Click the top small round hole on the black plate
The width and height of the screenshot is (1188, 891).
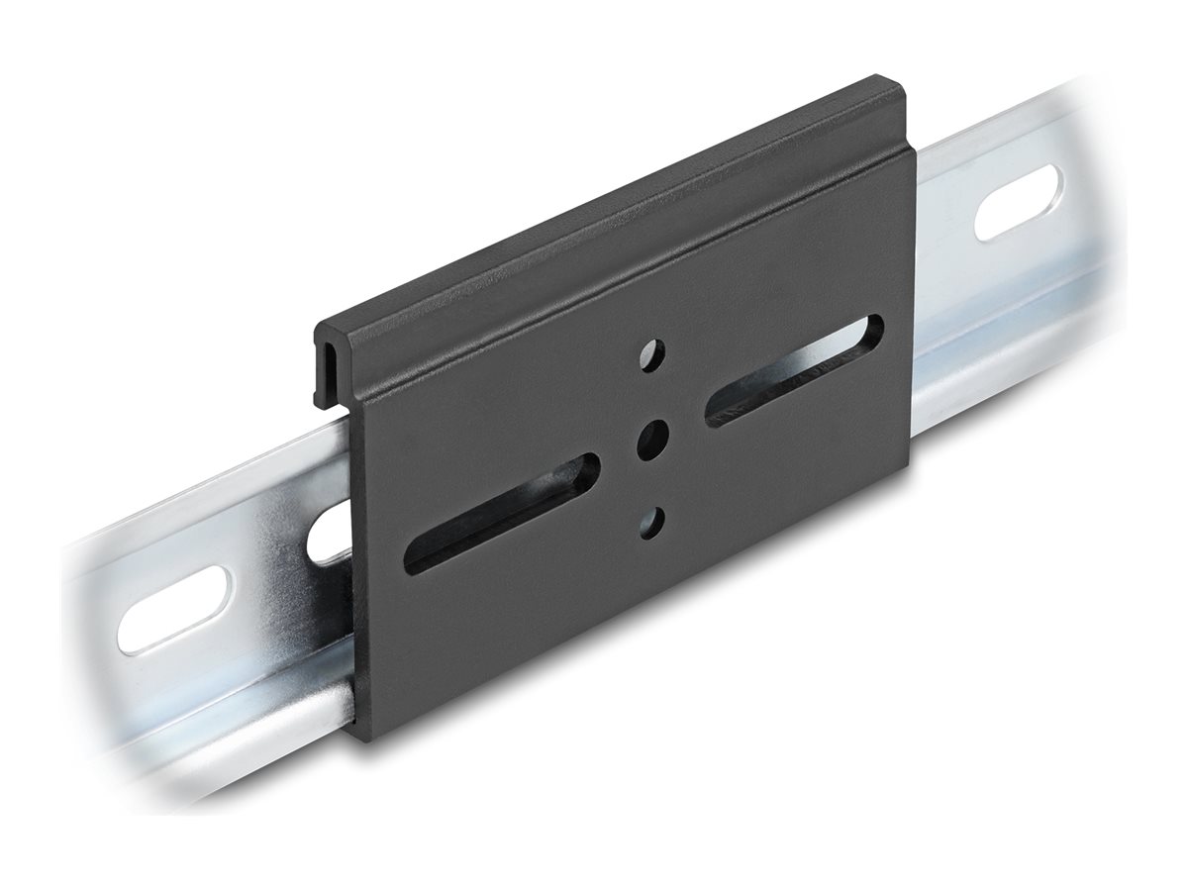point(652,354)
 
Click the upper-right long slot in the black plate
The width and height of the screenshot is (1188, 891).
point(793,370)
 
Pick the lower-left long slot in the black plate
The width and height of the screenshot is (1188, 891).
point(502,513)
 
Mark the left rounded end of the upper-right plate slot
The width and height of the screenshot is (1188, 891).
point(715,412)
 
